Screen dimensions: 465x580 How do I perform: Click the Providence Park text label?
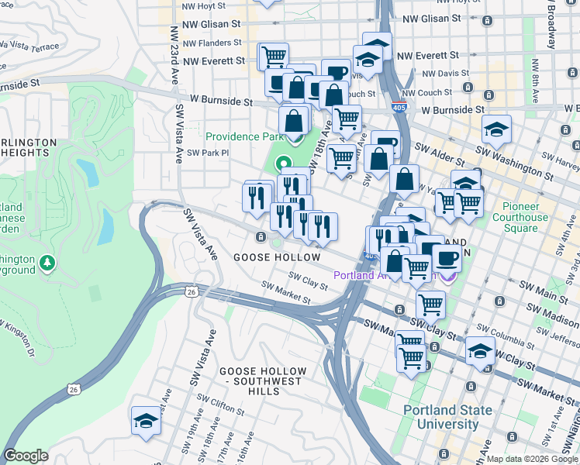[x=243, y=136]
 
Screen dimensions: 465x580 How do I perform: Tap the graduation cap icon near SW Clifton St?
[x=145, y=419]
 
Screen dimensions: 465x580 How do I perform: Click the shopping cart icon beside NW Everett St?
[x=273, y=55]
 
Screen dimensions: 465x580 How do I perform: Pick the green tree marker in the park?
[x=48, y=263]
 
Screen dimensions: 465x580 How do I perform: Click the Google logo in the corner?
[x=26, y=456]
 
